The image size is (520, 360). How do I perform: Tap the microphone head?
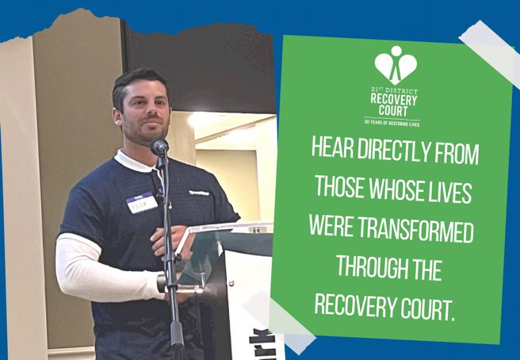(159, 147)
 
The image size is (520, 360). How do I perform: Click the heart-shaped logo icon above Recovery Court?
(394, 64)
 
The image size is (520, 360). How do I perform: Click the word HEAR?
(332, 152)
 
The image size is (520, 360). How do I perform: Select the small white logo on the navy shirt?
(199, 192)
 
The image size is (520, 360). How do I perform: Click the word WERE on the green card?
(335, 232)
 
